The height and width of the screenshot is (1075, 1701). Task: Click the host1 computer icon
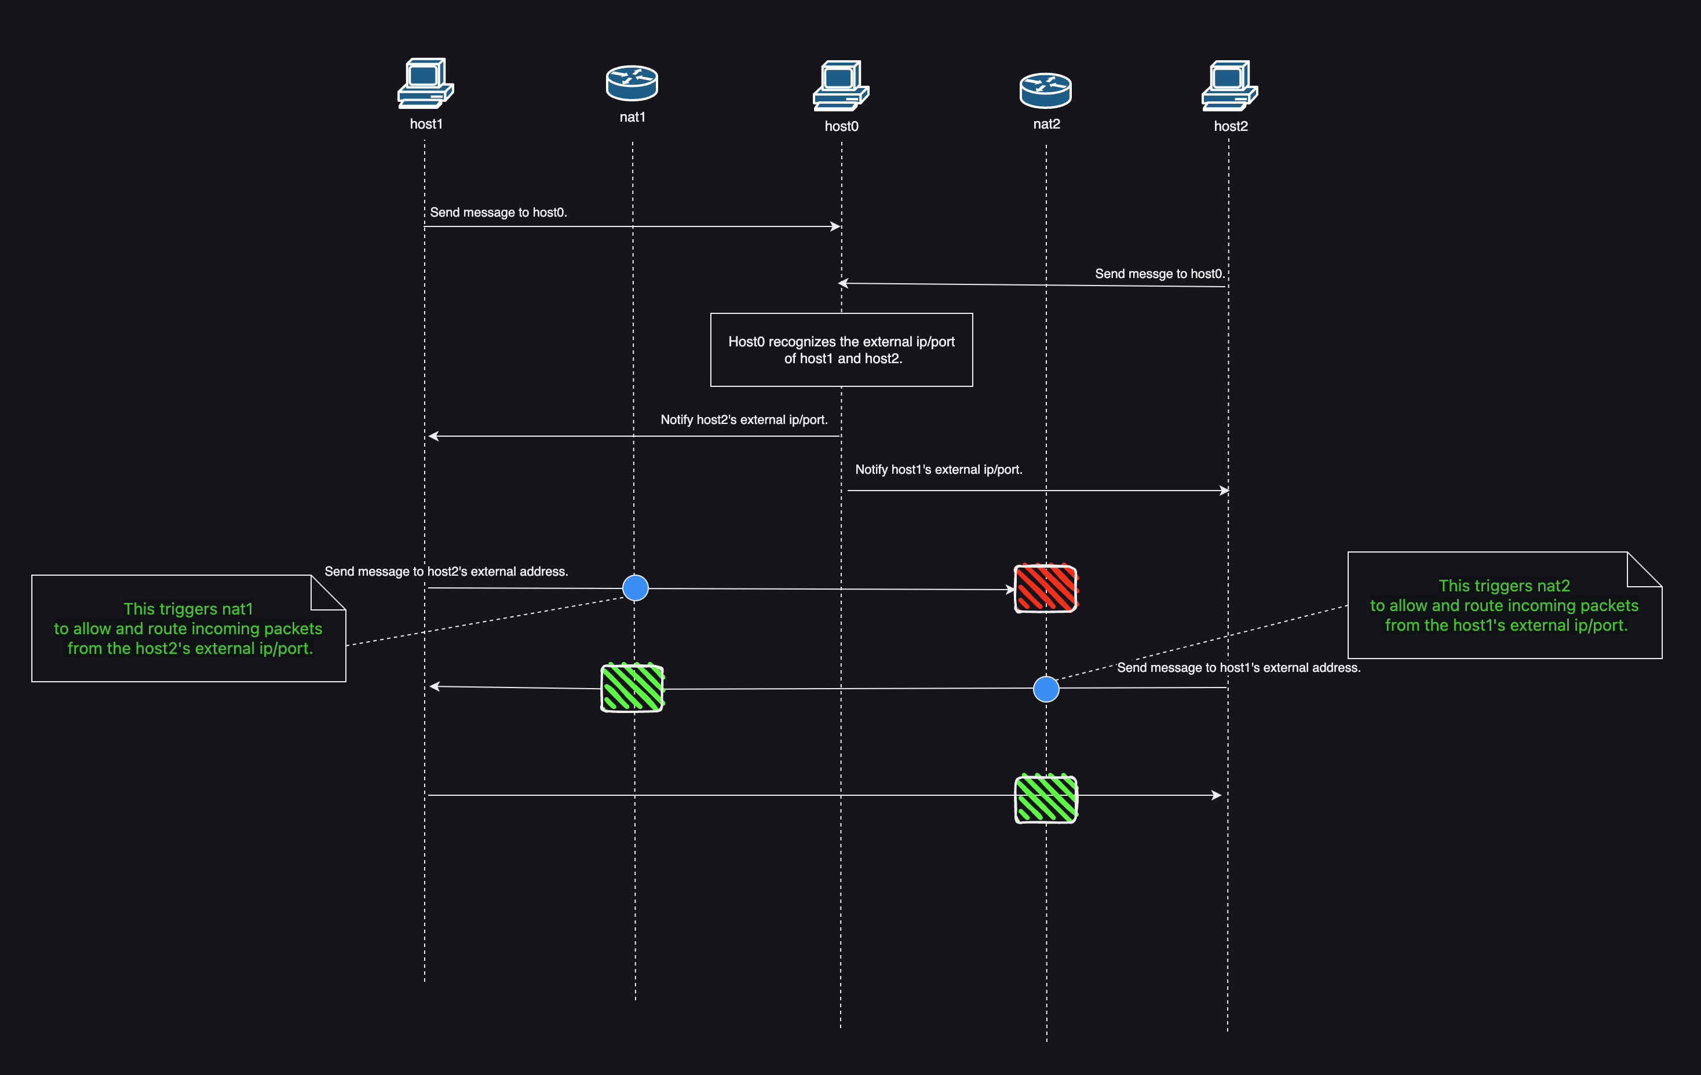(425, 83)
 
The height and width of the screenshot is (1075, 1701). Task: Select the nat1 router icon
(632, 83)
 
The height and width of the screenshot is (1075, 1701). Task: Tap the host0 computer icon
(841, 86)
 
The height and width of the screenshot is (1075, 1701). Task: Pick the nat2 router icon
(1046, 90)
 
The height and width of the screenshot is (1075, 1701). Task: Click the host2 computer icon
(1229, 86)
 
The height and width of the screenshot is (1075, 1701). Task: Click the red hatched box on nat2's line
(1046, 588)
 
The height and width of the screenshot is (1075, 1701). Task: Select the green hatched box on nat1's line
(632, 688)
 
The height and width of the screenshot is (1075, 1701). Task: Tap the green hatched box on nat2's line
(1046, 799)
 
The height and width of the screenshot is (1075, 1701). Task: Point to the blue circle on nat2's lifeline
(1046, 689)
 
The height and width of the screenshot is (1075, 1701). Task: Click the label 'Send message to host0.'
(498, 213)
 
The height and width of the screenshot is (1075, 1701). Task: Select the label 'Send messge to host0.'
(1159, 274)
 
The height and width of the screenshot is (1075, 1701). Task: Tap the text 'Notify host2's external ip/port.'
(744, 419)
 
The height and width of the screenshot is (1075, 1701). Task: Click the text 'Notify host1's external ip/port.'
(938, 470)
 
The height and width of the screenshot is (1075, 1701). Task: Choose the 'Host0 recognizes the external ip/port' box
(841, 350)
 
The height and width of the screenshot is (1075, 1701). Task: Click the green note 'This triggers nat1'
(188, 628)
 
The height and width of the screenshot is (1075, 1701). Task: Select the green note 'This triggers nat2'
(1504, 605)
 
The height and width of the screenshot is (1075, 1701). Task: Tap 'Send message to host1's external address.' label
(1238, 667)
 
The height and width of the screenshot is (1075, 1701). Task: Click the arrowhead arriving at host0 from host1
(835, 226)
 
